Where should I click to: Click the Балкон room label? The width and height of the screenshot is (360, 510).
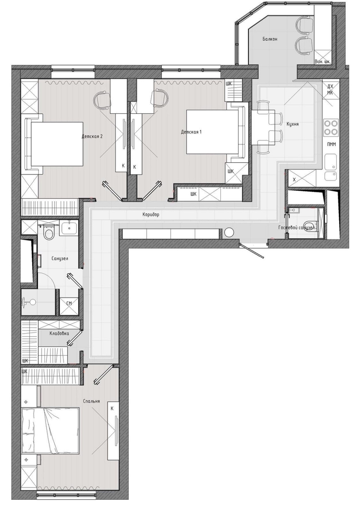point(270,39)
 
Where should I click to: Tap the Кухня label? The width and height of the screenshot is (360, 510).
point(293,124)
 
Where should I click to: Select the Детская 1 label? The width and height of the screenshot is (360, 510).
point(191,132)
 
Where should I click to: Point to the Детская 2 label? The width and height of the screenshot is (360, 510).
point(92,136)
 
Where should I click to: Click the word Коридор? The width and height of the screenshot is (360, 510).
point(151,214)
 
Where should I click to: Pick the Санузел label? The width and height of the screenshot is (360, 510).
point(60,259)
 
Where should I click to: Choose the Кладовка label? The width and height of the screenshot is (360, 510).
point(59,333)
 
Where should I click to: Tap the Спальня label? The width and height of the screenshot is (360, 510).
point(91,401)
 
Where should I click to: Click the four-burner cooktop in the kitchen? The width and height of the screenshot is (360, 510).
point(331,127)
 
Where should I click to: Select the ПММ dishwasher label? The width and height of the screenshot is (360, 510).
point(331,144)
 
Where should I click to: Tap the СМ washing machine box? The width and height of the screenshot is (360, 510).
point(69,303)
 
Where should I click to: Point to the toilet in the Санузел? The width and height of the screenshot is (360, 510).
point(48,232)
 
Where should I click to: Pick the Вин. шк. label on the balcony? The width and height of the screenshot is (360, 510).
point(322,61)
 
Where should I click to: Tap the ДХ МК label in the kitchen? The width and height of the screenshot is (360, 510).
point(330,89)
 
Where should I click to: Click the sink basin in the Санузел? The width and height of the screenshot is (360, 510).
point(69,228)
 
